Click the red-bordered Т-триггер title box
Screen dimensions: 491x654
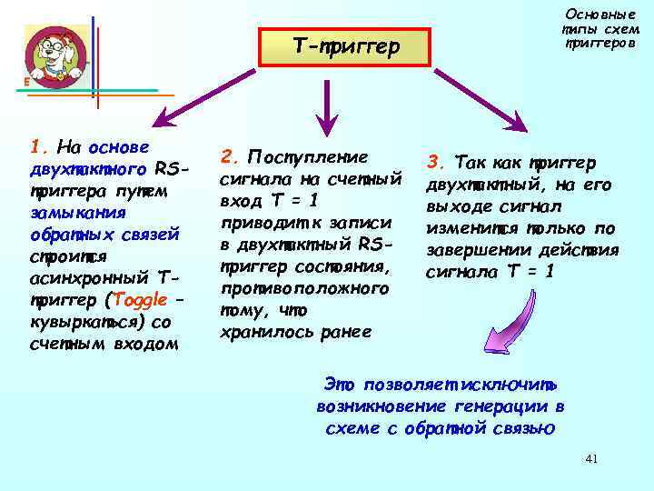[346, 46]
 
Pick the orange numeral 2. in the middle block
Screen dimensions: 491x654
[230, 156]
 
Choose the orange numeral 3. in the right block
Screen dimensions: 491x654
[436, 163]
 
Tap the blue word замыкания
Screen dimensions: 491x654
[71, 213]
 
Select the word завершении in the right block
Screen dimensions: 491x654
[471, 250]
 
